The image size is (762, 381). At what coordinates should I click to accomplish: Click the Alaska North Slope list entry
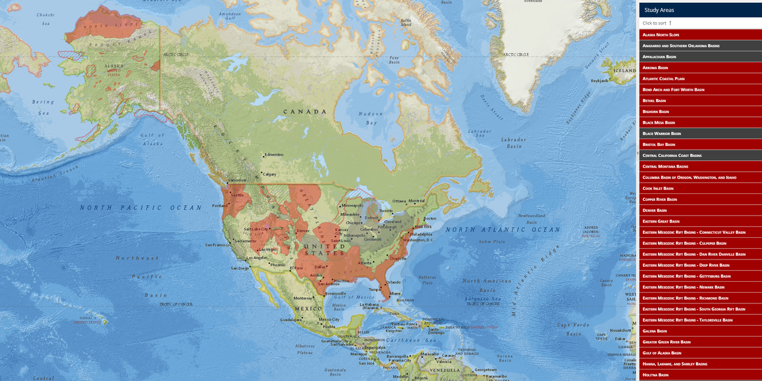(661, 35)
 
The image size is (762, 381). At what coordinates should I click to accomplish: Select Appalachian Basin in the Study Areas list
(659, 56)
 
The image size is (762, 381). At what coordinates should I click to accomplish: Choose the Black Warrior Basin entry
(662, 133)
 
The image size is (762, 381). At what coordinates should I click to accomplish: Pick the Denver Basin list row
(655, 210)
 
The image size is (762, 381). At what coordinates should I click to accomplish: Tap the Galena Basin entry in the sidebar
(655, 331)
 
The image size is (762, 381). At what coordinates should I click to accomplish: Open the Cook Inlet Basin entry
(658, 188)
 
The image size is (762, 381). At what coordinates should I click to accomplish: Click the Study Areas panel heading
(659, 10)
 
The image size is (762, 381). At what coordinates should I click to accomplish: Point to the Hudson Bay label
(371, 118)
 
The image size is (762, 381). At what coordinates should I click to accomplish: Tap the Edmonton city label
(274, 155)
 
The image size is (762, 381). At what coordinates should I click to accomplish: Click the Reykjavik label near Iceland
(599, 81)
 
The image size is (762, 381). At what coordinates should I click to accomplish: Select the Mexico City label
(329, 319)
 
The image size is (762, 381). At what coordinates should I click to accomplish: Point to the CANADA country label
(305, 111)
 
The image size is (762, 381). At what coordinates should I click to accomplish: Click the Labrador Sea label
(480, 135)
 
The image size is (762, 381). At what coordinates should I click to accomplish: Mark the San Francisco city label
(218, 245)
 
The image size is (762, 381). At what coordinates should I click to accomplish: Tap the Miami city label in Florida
(395, 294)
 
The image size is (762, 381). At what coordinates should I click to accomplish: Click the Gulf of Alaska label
(152, 139)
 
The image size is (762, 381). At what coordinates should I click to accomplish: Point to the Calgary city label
(269, 175)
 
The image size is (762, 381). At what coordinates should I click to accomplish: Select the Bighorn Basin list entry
(656, 112)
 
